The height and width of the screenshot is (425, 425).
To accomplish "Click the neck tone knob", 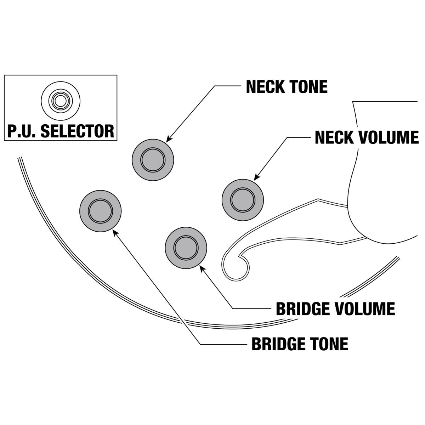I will [153, 159].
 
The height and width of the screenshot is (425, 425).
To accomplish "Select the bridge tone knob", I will [100, 211].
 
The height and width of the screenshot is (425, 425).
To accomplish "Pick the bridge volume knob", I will [186, 248].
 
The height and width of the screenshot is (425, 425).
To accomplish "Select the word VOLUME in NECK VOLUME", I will [389, 137].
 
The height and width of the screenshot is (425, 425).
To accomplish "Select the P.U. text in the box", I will [22, 131].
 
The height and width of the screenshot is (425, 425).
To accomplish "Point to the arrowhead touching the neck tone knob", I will [169, 140].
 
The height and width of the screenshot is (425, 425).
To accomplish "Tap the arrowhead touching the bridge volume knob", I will [202, 268].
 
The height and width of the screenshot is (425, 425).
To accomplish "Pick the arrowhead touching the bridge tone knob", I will [114, 231].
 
